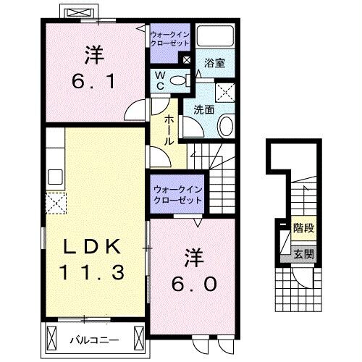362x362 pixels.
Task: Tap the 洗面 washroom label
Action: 203,110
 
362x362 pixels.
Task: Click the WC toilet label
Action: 161,80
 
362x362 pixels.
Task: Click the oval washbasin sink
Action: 226,127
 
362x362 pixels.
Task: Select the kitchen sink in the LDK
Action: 55,177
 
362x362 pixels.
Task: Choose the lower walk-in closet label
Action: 177,194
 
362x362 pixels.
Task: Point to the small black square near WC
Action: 188,61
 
